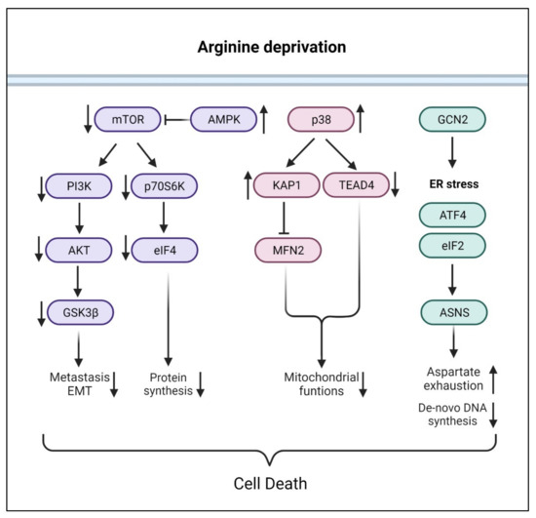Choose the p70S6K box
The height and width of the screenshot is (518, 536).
[165, 184]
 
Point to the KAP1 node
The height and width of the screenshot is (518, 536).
[287, 184]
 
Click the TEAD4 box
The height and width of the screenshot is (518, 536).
[356, 184]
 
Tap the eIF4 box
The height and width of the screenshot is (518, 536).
[165, 249]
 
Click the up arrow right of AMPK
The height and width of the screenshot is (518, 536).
[264, 120]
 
